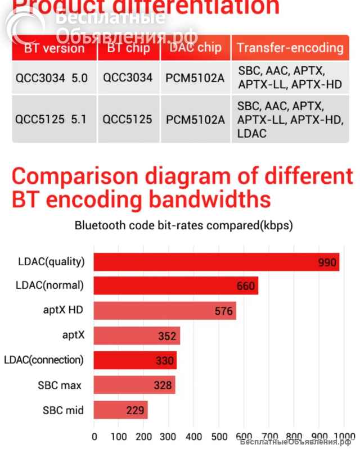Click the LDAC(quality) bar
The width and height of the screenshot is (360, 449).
coord(216,262)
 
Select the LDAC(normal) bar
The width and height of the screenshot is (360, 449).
coord(175,285)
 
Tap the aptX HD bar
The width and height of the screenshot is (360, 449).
coord(164,310)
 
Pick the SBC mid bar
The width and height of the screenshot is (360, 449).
coord(120,410)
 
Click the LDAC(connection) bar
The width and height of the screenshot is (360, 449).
coord(135,360)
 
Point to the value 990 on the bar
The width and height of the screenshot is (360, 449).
coord(327,262)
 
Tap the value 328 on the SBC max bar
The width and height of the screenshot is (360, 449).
coord(163,385)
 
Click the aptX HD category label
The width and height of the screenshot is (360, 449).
coord(64,310)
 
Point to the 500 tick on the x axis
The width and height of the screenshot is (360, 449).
coord(218,436)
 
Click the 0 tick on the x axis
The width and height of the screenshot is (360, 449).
coord(94,436)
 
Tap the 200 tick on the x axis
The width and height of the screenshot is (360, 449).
coord(143,436)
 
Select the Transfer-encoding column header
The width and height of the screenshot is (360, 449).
coord(290,47)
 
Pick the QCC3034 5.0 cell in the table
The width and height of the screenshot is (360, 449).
coord(52,78)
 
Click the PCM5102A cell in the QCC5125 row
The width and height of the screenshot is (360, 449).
coord(195,119)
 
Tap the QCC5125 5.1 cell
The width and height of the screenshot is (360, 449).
coord(52,119)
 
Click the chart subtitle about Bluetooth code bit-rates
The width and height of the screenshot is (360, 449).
coord(183,226)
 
